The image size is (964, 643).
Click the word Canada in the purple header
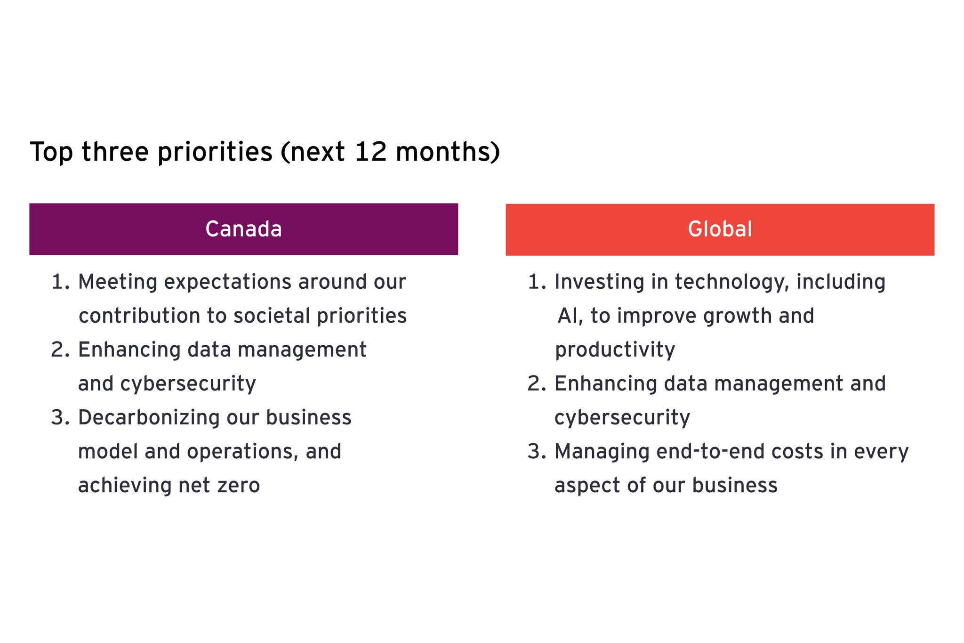click(x=243, y=229)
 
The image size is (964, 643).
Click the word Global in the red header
click(x=720, y=229)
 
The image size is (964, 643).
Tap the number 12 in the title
click(x=370, y=152)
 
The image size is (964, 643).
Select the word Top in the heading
click(x=51, y=153)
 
